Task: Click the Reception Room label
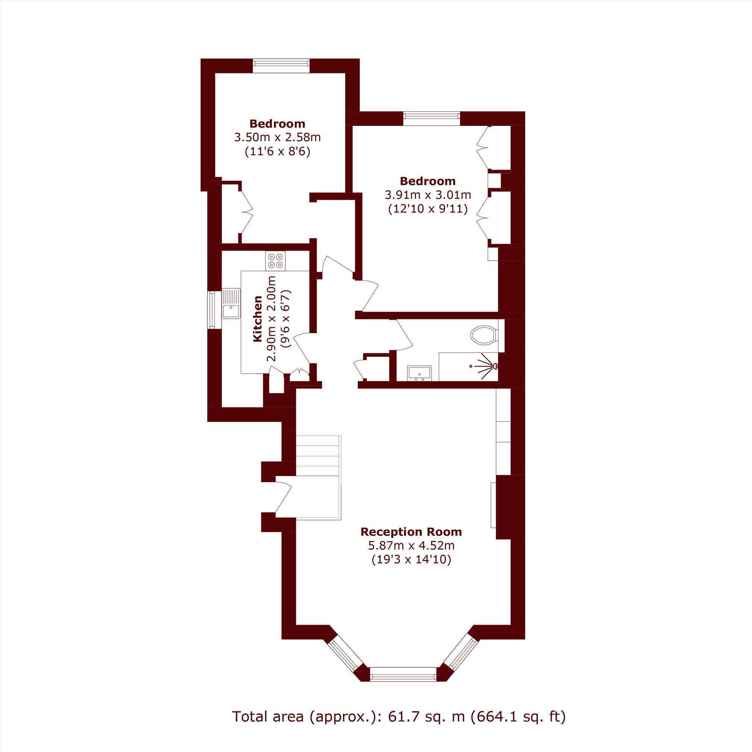[x=411, y=531]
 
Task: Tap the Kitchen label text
[x=257, y=319]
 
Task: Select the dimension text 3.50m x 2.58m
[x=277, y=137]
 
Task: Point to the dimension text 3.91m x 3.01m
[x=428, y=195]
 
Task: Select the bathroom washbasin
[x=419, y=373]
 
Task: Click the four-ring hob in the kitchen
[x=276, y=261]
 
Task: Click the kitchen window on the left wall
[x=212, y=310]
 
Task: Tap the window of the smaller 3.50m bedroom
[x=280, y=65]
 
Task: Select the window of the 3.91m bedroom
[x=431, y=118]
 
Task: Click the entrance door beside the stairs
[x=283, y=499]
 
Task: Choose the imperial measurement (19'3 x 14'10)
[x=411, y=559]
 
